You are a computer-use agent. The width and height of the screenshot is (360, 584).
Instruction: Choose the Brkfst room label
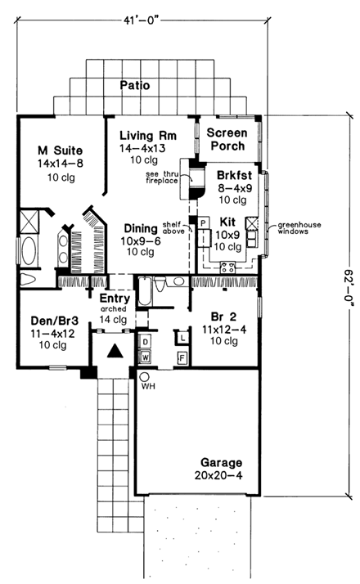pyautogui.click(x=236, y=175)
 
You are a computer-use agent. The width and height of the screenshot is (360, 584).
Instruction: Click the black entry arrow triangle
pyautogui.click(x=115, y=351)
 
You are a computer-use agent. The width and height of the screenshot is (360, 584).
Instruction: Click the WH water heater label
pyautogui.click(x=149, y=385)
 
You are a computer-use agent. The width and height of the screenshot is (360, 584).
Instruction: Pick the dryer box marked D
pyautogui.click(x=146, y=339)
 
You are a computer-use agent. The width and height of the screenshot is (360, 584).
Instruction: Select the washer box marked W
pyautogui.click(x=146, y=356)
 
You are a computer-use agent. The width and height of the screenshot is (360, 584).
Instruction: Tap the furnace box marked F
pyautogui.click(x=182, y=357)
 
